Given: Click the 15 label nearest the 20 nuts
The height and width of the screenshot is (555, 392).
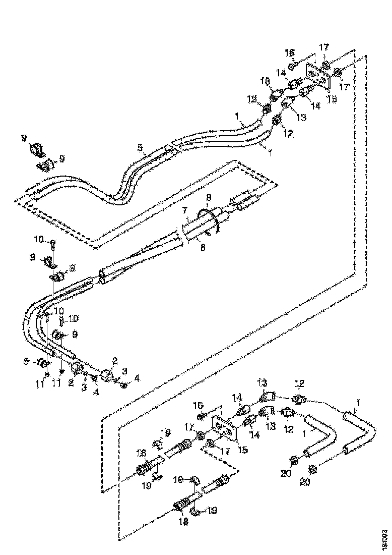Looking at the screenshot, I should tap(243, 450).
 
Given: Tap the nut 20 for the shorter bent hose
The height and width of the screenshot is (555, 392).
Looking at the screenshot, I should tap(294, 460).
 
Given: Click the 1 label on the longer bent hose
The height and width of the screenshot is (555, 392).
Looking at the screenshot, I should tap(358, 402).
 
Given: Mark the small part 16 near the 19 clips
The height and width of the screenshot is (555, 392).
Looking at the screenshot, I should tap(201, 416).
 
